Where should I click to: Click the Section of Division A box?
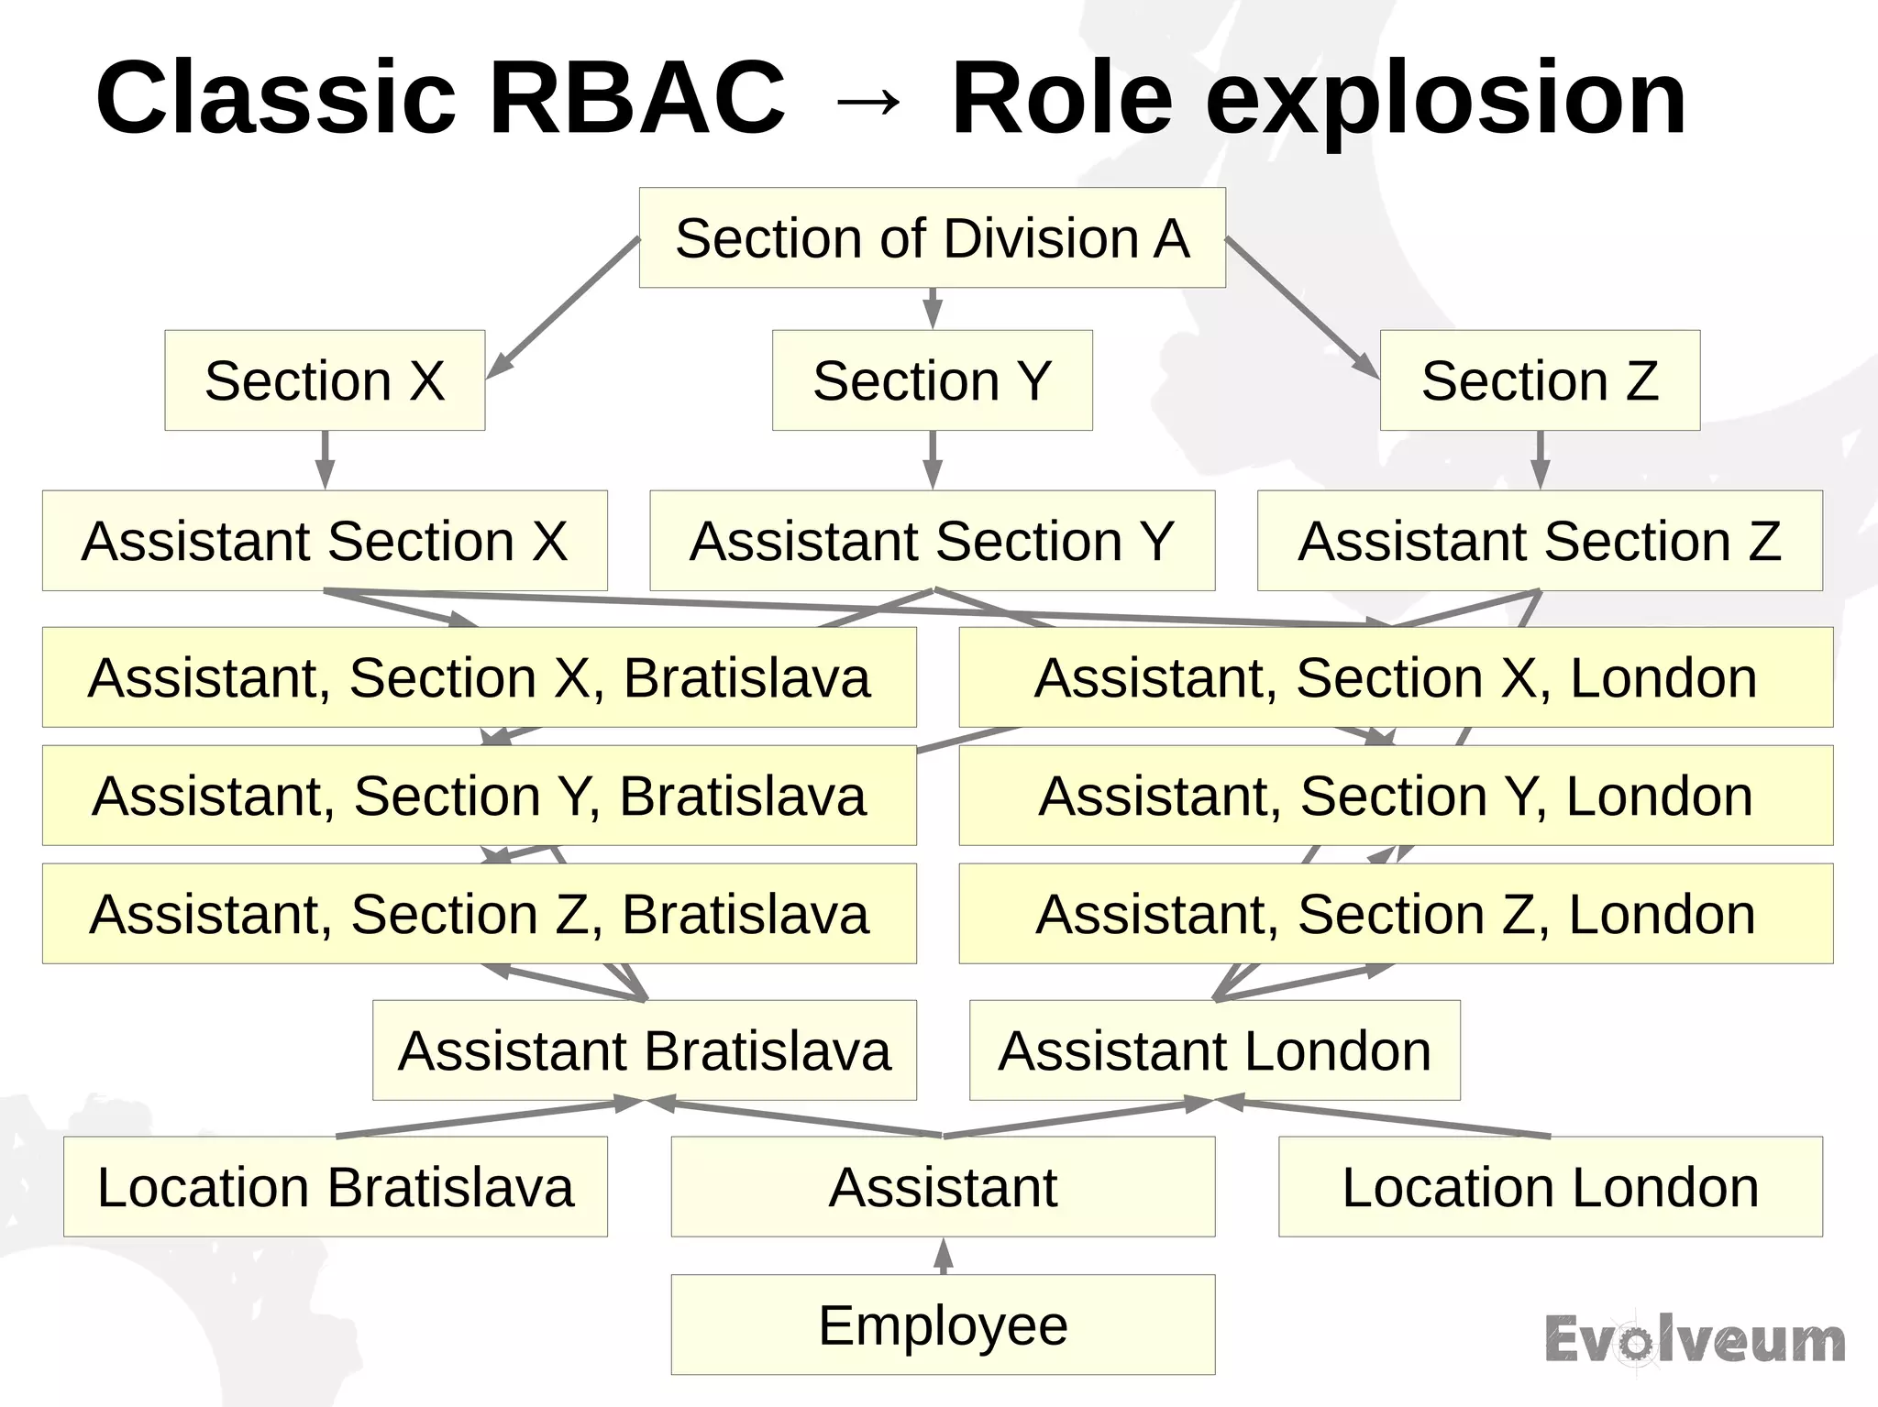pyautogui.click(x=932, y=238)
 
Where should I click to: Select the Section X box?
pyautogui.click(x=325, y=380)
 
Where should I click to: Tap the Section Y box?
pyautogui.click(x=932, y=380)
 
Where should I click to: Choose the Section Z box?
pyautogui.click(x=1540, y=380)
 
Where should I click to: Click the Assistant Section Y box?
pyautogui.click(x=932, y=541)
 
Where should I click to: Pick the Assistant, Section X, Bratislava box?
pyautogui.click(x=479, y=677)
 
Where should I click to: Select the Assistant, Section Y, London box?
pyautogui.click(x=1396, y=796)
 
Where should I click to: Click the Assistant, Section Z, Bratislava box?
pyautogui.click(x=479, y=914)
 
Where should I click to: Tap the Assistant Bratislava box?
pyautogui.click(x=644, y=1050)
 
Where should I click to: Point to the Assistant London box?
pyautogui.click(x=1214, y=1050)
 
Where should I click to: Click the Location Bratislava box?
pyautogui.click(x=335, y=1187)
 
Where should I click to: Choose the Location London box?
pyautogui.click(x=1550, y=1187)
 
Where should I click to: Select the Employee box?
pyautogui.click(x=943, y=1325)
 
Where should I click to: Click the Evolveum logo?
pyautogui.click(x=1695, y=1340)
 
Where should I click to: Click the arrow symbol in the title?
pyautogui.click(x=867, y=101)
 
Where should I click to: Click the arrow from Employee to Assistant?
pyautogui.click(x=944, y=1256)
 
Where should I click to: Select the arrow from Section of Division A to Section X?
pyautogui.click(x=563, y=307)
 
